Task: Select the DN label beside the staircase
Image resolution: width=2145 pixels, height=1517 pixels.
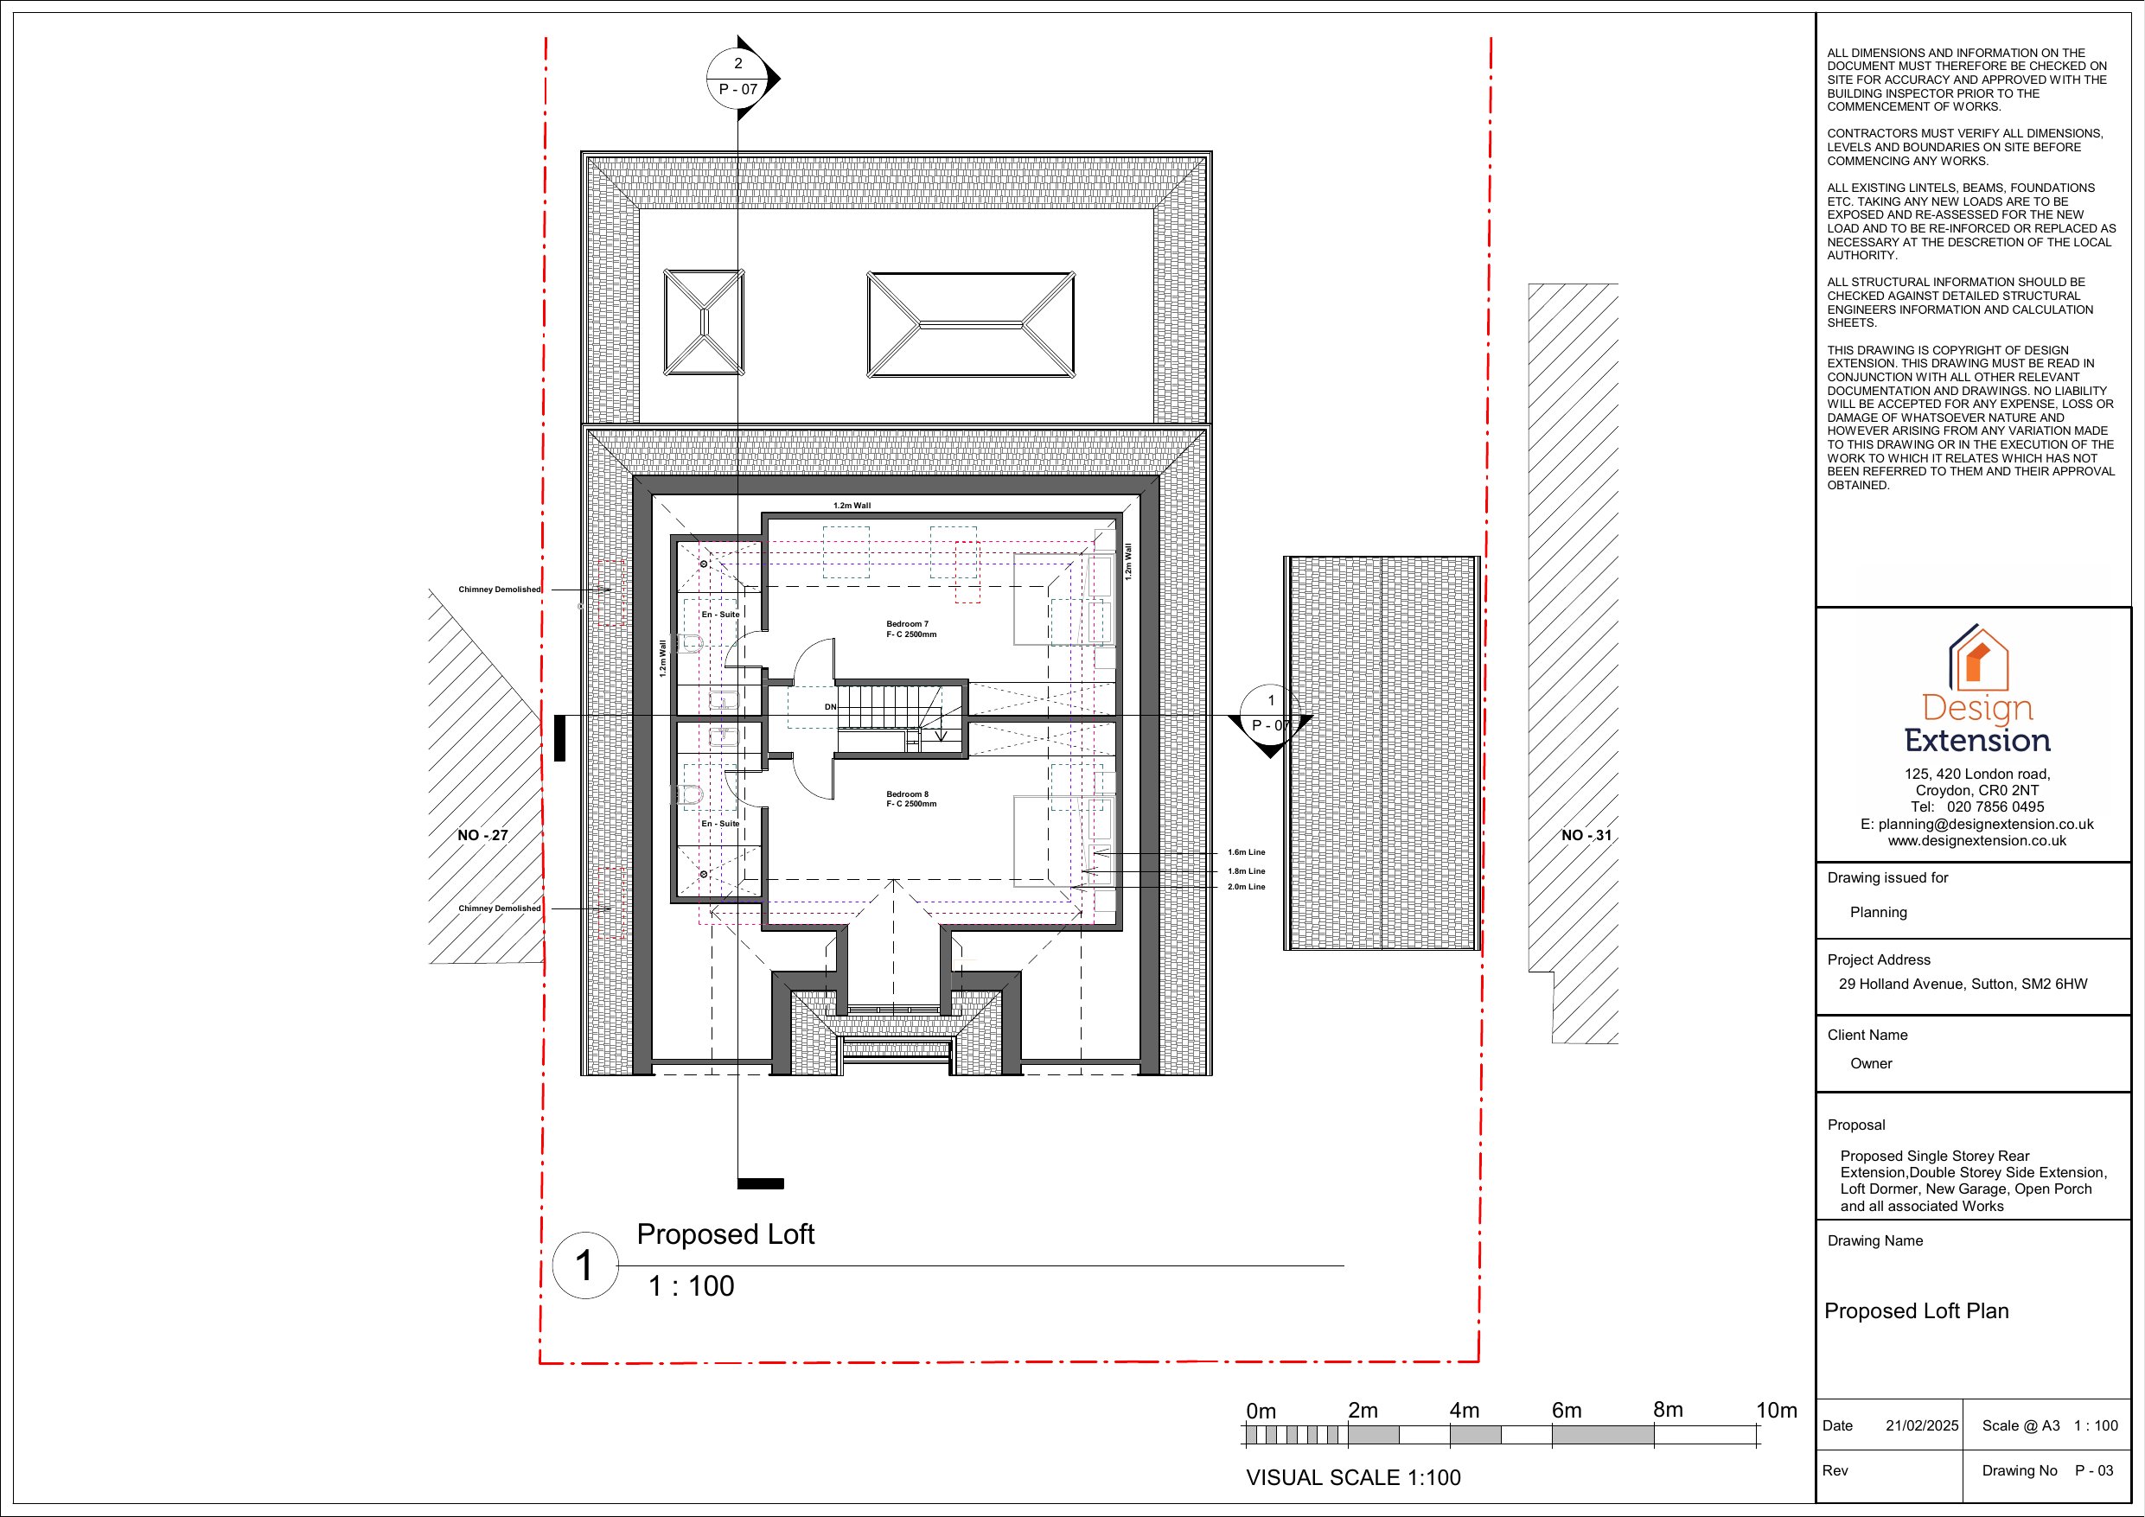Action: pos(830,707)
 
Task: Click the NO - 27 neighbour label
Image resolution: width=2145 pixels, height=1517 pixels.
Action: pos(483,835)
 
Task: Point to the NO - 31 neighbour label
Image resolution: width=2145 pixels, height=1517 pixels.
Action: pos(1586,835)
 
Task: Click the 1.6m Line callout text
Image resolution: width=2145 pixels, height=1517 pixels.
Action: pos(1246,852)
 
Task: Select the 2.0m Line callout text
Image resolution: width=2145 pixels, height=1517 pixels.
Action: pos(1246,887)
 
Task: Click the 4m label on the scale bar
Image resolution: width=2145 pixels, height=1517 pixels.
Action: pos(1464,1411)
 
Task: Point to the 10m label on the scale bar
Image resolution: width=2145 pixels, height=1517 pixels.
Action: pos(1776,1411)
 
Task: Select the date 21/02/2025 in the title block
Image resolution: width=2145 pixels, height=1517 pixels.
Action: pos(1922,1425)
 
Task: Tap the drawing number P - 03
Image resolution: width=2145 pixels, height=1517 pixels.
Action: pos(2094,1470)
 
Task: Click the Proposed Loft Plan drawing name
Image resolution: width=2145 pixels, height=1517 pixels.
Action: pos(1916,1310)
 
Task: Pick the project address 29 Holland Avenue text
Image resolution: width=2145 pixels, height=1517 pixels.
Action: pos(1963,984)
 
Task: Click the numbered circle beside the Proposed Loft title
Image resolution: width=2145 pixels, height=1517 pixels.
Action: pos(584,1265)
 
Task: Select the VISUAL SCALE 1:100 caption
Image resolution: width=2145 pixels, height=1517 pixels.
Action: pos(1353,1477)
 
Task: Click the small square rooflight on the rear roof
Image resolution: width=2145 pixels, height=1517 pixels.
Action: pos(704,322)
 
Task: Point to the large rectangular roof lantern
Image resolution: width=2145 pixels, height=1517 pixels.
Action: pos(971,325)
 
